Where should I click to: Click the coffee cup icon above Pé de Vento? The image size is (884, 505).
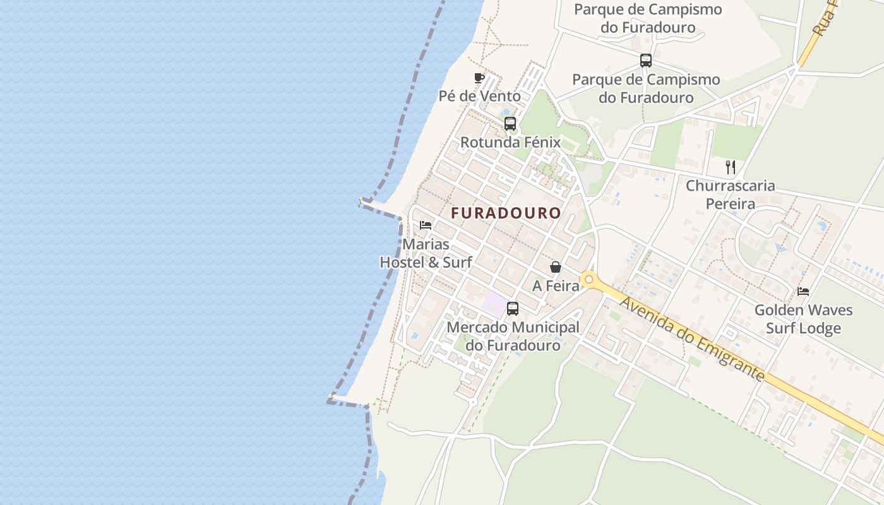point(479,78)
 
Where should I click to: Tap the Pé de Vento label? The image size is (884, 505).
point(480,97)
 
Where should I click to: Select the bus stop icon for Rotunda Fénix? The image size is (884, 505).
point(510,124)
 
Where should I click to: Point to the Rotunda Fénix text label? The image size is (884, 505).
point(510,143)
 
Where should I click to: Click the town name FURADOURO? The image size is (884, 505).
point(506,213)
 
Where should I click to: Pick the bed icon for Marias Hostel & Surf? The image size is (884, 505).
point(426,225)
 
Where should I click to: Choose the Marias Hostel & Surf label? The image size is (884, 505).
point(426,253)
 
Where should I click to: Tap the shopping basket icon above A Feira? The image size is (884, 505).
point(556,267)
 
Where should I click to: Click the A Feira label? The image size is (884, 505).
point(556,286)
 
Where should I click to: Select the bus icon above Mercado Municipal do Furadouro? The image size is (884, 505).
point(513,309)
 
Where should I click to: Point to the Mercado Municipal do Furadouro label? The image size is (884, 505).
point(513,336)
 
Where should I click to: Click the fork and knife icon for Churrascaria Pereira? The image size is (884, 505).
point(731,167)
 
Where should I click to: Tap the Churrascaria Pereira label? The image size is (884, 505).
point(731,195)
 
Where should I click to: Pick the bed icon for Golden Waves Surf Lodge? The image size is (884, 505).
point(803,292)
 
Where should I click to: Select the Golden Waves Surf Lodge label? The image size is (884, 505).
point(803,319)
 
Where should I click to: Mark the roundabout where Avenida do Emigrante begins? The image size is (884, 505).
point(588,279)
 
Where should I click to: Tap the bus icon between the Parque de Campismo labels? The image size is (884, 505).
point(645,61)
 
